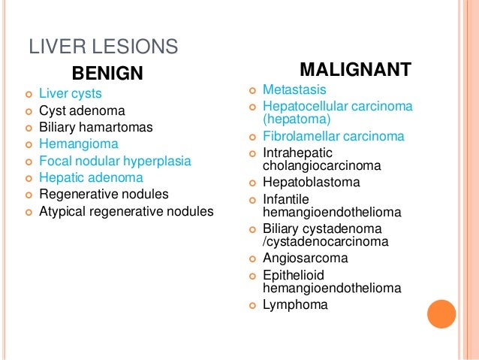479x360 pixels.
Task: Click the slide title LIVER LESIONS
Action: [104, 47]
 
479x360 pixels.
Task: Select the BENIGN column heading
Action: [107, 73]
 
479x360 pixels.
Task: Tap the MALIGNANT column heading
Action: [355, 70]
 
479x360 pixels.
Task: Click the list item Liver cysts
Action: [70, 94]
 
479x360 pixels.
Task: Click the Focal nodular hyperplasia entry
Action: [114, 161]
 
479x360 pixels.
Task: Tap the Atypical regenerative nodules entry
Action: [125, 211]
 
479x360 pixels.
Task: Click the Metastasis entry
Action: [294, 89]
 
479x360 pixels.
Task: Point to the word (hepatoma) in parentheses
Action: [297, 119]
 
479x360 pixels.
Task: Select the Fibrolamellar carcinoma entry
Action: [333, 136]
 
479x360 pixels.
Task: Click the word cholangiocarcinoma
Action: [321, 165]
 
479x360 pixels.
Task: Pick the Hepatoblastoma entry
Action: [311, 183]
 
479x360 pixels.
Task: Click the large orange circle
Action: [441, 314]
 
